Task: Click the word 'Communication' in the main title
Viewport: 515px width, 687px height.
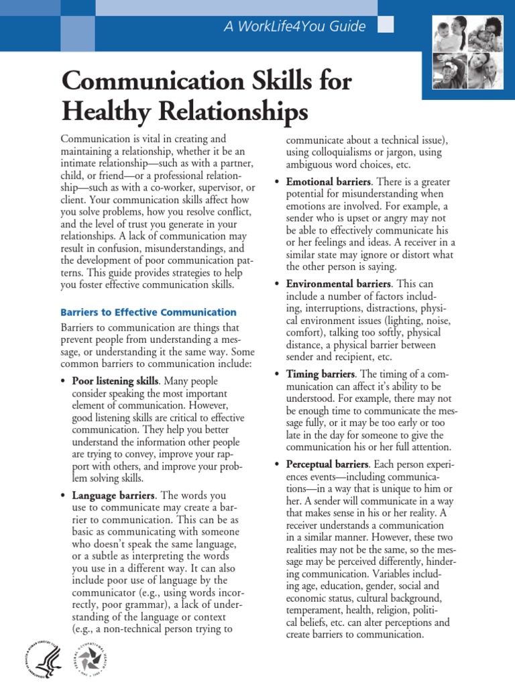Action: pos(140,82)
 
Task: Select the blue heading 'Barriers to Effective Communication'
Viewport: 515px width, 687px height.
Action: pos(148,312)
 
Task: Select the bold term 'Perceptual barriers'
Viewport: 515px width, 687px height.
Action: pos(327,464)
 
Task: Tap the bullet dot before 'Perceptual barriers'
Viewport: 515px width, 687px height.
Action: pos(278,464)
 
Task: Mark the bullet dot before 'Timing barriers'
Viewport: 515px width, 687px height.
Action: pos(278,374)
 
